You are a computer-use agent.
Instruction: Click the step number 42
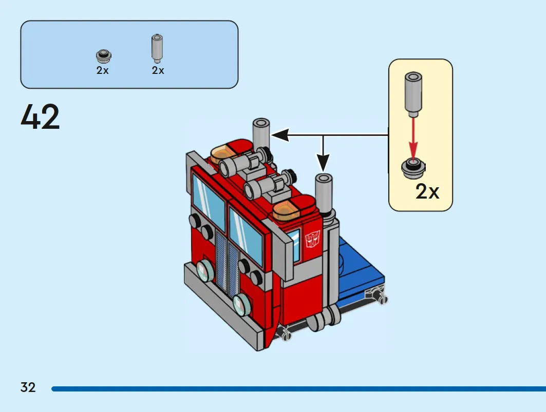40,117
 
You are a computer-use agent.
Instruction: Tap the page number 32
28,387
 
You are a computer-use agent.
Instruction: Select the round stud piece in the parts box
103,56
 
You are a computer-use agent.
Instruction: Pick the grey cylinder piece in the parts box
157,48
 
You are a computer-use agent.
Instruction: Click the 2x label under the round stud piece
102,70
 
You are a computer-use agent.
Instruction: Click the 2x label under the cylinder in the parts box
158,70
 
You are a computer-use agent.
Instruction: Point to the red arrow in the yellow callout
413,139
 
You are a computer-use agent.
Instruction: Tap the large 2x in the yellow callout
427,191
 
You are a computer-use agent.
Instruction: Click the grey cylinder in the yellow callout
413,94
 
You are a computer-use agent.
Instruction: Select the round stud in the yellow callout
413,168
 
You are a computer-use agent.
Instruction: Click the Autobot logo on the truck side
312,240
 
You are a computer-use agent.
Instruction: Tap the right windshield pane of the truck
246,236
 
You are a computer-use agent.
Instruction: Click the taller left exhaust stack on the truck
261,136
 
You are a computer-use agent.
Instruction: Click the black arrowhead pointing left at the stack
280,135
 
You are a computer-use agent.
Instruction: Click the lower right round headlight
241,304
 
